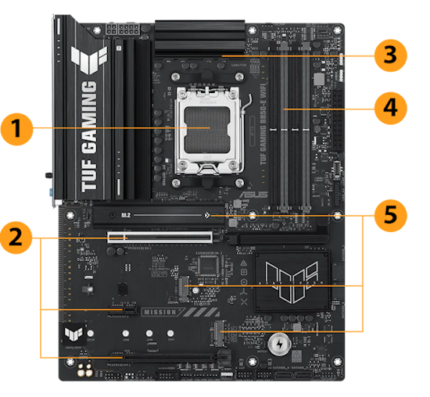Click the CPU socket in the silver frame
pos(209,128)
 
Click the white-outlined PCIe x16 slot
pos(160,234)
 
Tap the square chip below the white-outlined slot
pos(207,266)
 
